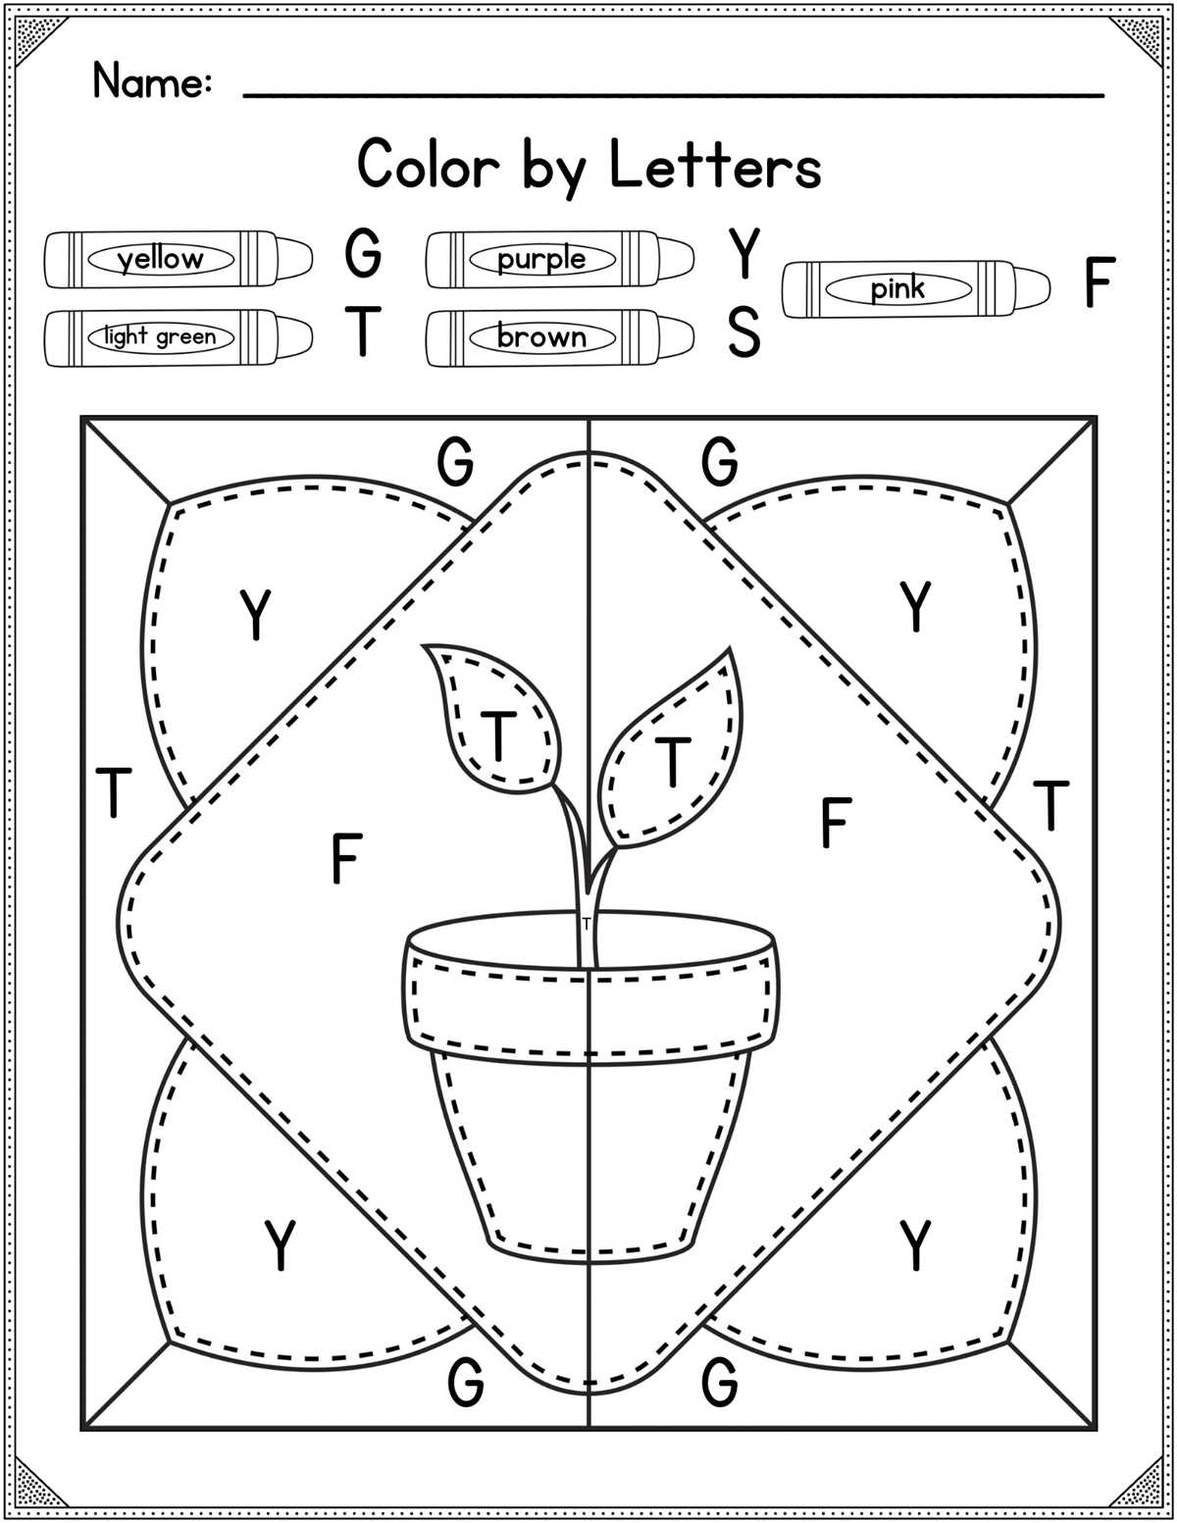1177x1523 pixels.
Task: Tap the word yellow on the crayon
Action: coord(161,260)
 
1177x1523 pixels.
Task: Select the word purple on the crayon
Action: coord(541,260)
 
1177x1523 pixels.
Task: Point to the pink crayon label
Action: coord(898,288)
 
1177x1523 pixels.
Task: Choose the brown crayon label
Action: coord(541,337)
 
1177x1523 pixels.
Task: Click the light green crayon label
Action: coord(161,337)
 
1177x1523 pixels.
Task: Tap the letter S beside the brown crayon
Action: coord(743,332)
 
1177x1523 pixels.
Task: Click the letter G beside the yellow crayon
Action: coord(363,253)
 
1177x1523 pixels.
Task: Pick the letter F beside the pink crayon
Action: coord(1100,281)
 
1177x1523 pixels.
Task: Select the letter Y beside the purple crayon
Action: coord(743,253)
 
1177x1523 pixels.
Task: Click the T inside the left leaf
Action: coord(498,736)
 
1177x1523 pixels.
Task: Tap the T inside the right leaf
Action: coord(672,761)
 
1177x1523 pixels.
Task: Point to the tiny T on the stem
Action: coord(586,923)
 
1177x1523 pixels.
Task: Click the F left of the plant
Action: coord(346,858)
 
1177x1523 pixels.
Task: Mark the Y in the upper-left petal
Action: coord(255,615)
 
